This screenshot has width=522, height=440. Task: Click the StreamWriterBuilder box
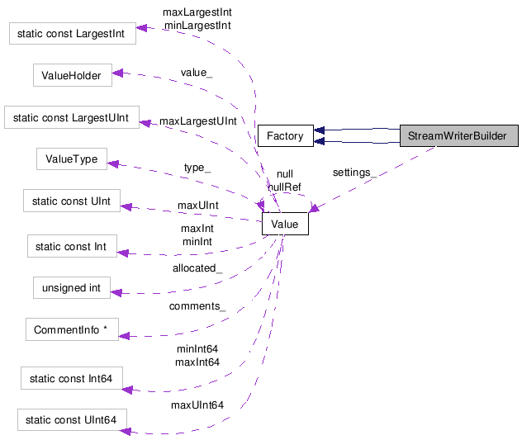(458, 136)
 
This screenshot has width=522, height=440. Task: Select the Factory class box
(285, 136)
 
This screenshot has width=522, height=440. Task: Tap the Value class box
(284, 224)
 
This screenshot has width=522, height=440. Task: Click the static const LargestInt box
(71, 34)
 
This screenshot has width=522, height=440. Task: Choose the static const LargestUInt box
(71, 117)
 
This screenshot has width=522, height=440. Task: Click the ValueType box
(71, 159)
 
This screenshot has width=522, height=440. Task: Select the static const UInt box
(71, 201)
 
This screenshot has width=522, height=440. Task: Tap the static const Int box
(71, 246)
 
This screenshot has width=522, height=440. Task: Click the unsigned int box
(71, 288)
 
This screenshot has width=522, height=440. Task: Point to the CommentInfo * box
(71, 330)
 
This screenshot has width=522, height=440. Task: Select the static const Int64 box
(71, 379)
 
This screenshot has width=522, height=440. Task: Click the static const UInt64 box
(71, 421)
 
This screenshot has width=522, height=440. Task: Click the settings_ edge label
(354, 173)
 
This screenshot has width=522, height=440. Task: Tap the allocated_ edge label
(197, 268)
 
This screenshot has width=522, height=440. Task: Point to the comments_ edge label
(197, 306)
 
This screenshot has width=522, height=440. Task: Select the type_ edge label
(197, 168)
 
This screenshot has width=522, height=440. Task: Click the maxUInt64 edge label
(197, 405)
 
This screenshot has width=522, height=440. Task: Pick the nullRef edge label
(283, 187)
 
